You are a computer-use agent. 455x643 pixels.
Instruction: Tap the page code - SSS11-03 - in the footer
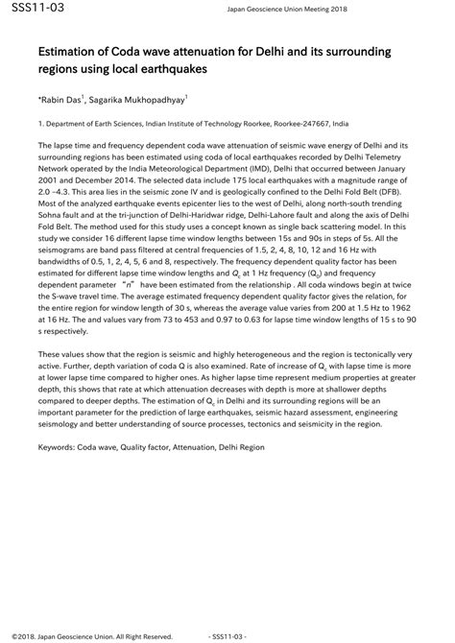click(x=227, y=634)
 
